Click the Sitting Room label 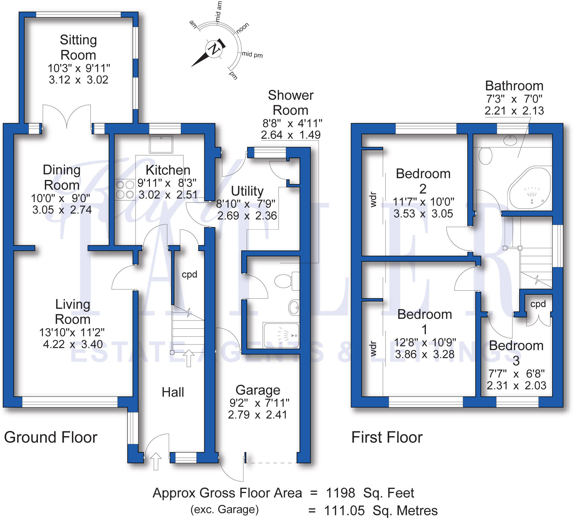78,47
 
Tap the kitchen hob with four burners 125,190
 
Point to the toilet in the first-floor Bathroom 485,155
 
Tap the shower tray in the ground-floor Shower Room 281,335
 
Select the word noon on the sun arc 243,28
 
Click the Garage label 258,390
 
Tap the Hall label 173,392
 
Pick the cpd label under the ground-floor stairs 189,274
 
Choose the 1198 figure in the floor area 340,493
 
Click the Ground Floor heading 51,437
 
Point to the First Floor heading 387,437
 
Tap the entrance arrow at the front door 156,461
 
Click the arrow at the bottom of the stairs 188,358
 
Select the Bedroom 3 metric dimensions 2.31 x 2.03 516,385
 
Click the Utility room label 247,191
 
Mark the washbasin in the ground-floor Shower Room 294,307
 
